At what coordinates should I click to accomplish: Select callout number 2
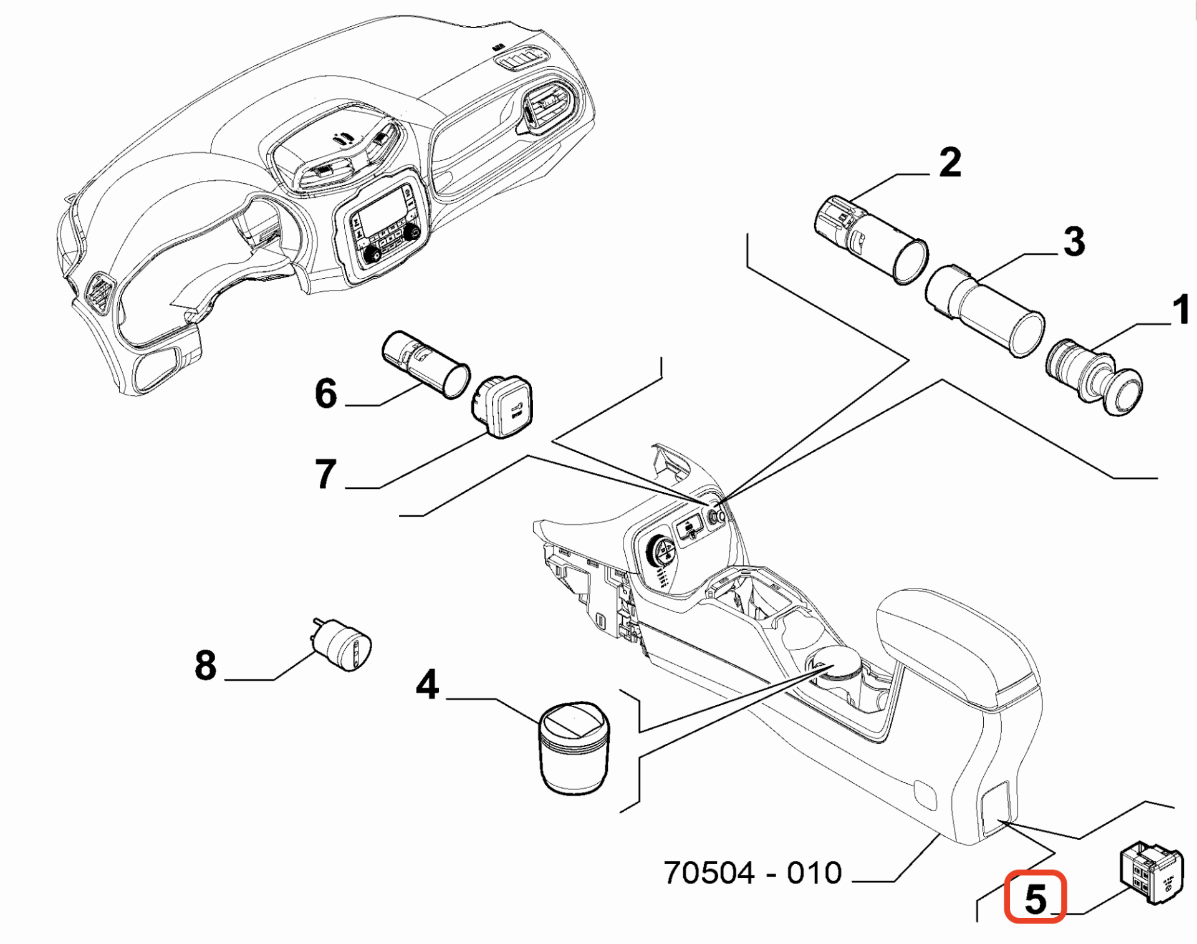tap(949, 163)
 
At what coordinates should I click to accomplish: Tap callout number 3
tap(1074, 241)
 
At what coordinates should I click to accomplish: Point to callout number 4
tap(428, 685)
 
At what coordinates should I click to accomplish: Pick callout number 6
tap(326, 393)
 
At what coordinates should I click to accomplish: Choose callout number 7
tap(326, 474)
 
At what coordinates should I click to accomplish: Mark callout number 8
tap(206, 665)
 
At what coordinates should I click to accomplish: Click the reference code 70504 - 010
tap(752, 873)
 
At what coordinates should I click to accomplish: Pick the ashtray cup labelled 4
tap(574, 748)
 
